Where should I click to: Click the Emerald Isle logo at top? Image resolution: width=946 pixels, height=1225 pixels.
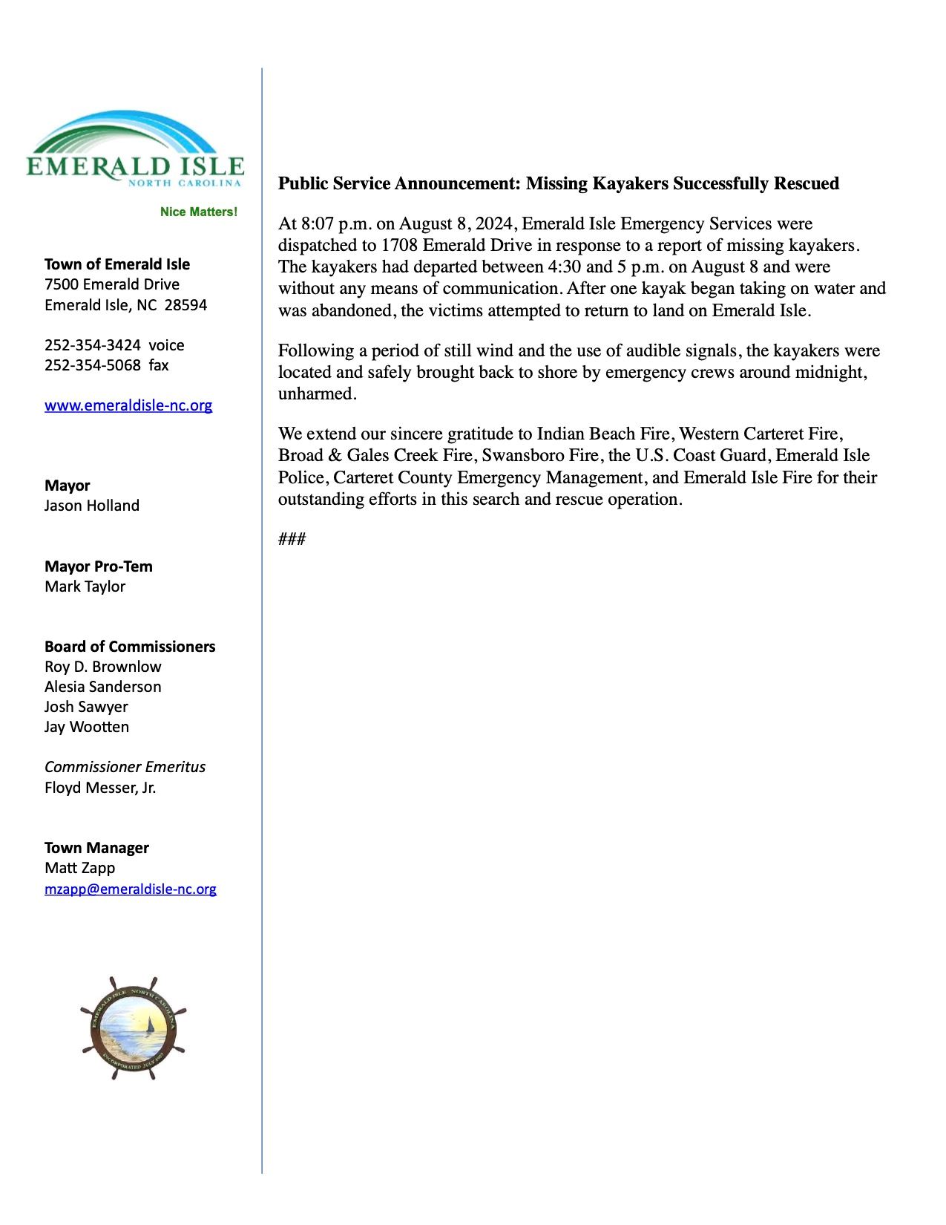tap(134, 151)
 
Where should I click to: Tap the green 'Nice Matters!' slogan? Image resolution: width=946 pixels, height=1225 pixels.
tap(199, 212)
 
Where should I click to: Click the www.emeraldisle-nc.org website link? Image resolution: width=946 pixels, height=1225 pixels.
tap(128, 405)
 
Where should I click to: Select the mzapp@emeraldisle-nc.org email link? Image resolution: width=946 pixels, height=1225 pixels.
tap(131, 889)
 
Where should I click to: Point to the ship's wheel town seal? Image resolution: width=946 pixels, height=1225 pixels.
tap(134, 1028)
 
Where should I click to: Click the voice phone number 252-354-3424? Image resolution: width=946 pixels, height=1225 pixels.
tap(93, 345)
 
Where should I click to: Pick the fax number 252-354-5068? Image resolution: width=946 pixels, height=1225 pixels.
tap(93, 365)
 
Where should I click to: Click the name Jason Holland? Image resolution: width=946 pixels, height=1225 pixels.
tap(92, 506)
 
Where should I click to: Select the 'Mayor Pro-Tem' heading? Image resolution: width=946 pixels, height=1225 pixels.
tap(99, 566)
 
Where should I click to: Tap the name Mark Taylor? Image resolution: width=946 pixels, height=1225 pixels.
tap(85, 587)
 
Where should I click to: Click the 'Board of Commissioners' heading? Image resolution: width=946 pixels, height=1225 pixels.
tap(130, 647)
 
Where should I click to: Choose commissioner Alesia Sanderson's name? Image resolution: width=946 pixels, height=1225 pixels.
tap(103, 687)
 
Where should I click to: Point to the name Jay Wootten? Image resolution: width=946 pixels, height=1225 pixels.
tap(87, 727)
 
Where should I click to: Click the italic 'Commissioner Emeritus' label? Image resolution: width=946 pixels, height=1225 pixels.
tap(125, 767)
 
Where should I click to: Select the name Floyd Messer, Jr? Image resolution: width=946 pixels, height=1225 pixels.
tap(100, 788)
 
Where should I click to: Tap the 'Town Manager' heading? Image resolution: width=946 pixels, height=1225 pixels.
tap(96, 848)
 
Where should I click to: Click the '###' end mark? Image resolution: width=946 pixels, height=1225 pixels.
tap(292, 539)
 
